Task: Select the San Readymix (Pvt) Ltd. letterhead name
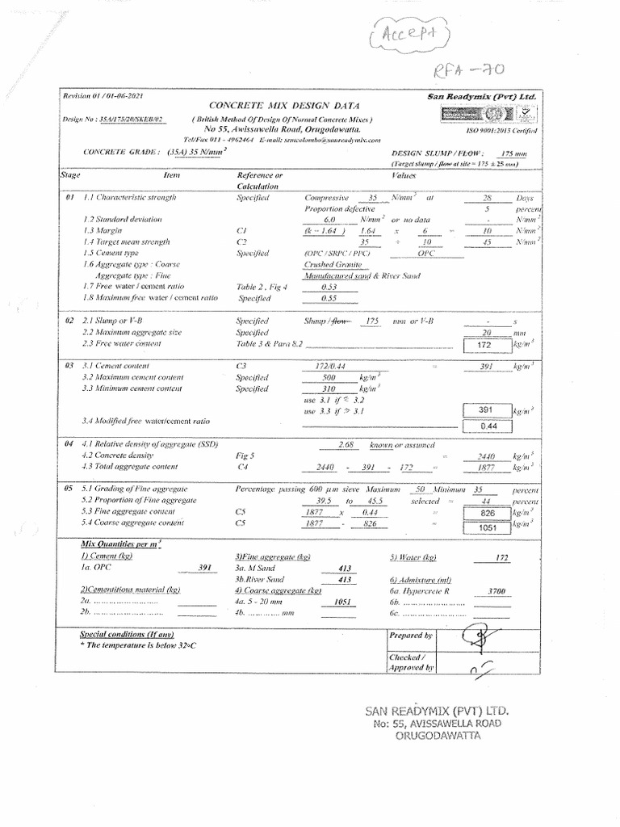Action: click(x=482, y=97)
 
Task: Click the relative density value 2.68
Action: click(x=347, y=446)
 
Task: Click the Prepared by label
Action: click(x=411, y=636)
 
